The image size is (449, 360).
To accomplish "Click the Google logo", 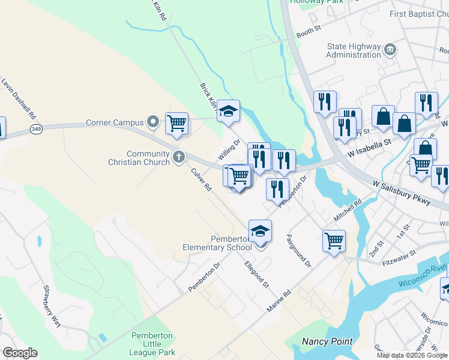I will coord(20,353).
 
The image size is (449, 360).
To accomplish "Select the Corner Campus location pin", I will coord(154,122).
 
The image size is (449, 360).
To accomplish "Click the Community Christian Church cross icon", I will coord(178,157).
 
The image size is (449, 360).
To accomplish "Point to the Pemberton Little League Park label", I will coord(152,344).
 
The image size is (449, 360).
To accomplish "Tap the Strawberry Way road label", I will coord(52,306).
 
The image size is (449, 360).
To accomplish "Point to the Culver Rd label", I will coord(202,179).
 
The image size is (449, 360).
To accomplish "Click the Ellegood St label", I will coord(256,274).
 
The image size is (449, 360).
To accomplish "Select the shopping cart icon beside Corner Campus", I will coord(176,123).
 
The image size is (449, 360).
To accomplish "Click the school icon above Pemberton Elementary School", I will coord(260,230).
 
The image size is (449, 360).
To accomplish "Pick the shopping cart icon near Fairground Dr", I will coord(334,241).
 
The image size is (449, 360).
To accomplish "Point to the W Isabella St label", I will coord(371,143).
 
